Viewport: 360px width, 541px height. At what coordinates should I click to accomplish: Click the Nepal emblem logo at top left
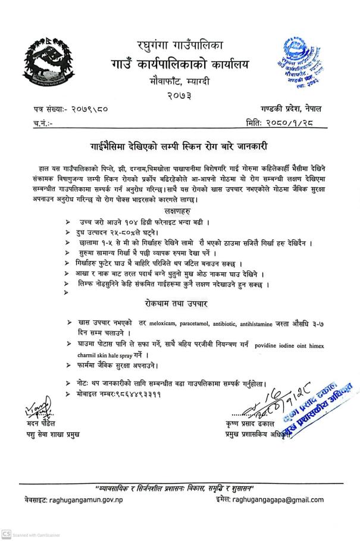point(51,63)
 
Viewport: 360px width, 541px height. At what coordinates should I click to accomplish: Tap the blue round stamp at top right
point(300,63)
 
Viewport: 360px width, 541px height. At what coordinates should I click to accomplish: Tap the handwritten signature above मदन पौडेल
point(37,408)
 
